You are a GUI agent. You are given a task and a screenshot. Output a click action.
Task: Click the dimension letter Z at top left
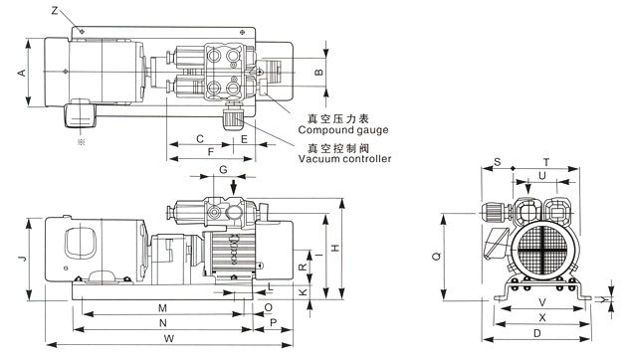coord(55,11)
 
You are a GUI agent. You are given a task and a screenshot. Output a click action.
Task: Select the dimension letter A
coord(22,73)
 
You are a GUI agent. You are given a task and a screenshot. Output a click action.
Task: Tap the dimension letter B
coord(318,72)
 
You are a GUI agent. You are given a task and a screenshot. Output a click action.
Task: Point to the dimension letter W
coord(169,338)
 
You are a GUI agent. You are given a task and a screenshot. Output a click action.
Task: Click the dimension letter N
coord(163,323)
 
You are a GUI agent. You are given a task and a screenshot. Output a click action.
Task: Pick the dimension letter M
coord(162,308)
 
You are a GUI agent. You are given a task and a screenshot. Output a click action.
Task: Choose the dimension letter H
coord(335,248)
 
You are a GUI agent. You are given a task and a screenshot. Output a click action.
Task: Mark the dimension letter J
coord(22,259)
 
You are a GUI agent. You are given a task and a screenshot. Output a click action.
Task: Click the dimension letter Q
coord(437,256)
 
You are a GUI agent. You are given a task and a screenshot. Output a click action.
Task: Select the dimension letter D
coord(537,333)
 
